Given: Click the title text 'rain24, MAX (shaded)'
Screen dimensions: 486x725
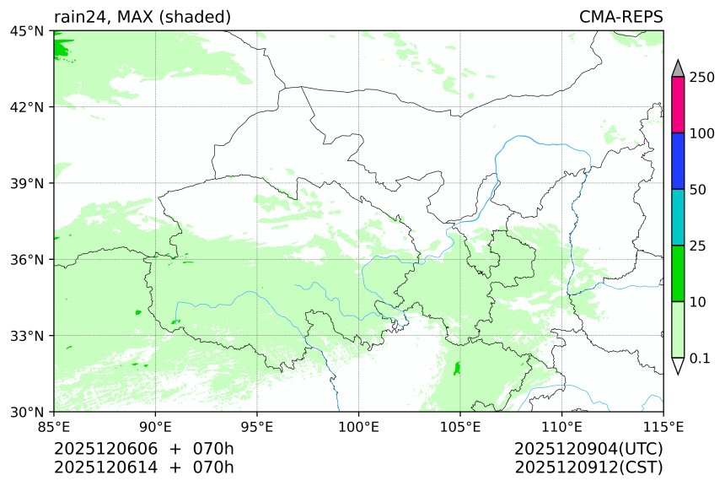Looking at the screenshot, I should (x=142, y=17).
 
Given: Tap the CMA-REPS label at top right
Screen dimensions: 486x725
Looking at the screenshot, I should (x=620, y=17).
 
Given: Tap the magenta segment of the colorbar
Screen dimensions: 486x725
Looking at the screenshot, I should (x=678, y=105).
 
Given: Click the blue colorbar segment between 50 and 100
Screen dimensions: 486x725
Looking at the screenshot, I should (x=678, y=161).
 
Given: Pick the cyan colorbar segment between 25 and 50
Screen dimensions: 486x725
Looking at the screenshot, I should (x=678, y=217).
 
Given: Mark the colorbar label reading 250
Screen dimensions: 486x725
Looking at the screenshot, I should (x=703, y=78).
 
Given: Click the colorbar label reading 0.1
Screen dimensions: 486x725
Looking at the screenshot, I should (x=700, y=359).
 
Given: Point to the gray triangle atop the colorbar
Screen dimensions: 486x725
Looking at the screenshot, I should (x=678, y=68).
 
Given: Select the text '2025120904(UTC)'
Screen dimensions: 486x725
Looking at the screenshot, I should (x=588, y=448).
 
